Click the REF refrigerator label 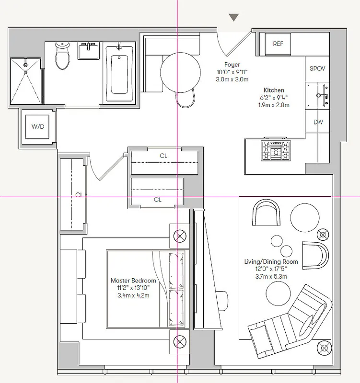278,44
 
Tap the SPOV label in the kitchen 317,68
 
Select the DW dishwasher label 318,122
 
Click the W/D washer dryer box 37,127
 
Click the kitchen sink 317,95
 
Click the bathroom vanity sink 89,50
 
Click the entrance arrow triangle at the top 233,18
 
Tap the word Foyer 232,65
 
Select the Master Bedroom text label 133,281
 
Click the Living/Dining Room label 271,261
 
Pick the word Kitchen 274,90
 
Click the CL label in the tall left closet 78,195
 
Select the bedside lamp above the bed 179,236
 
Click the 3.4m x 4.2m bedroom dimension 133,295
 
